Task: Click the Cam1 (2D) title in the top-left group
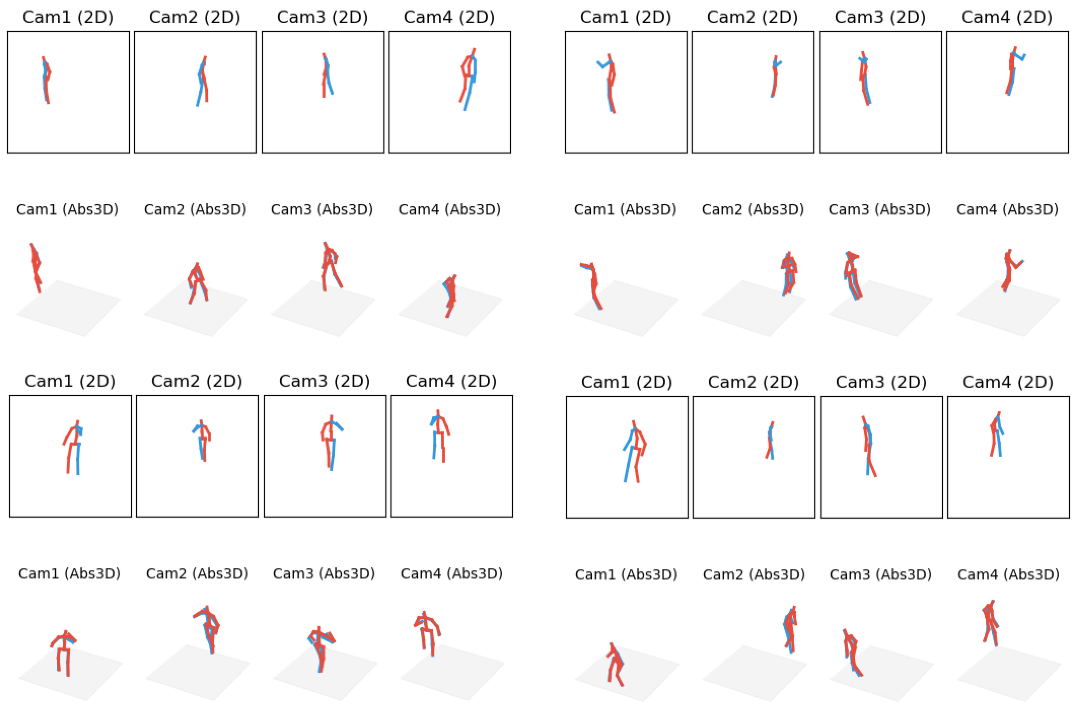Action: pyautogui.click(x=68, y=17)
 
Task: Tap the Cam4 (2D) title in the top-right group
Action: pyautogui.click(x=1006, y=17)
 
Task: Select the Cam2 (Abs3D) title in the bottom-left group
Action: pyautogui.click(x=197, y=574)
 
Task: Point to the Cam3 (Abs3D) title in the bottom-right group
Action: pyautogui.click(x=880, y=575)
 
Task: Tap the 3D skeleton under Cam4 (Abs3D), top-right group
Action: pyautogui.click(x=1009, y=269)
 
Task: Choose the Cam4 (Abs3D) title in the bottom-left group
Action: pyautogui.click(x=451, y=574)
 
